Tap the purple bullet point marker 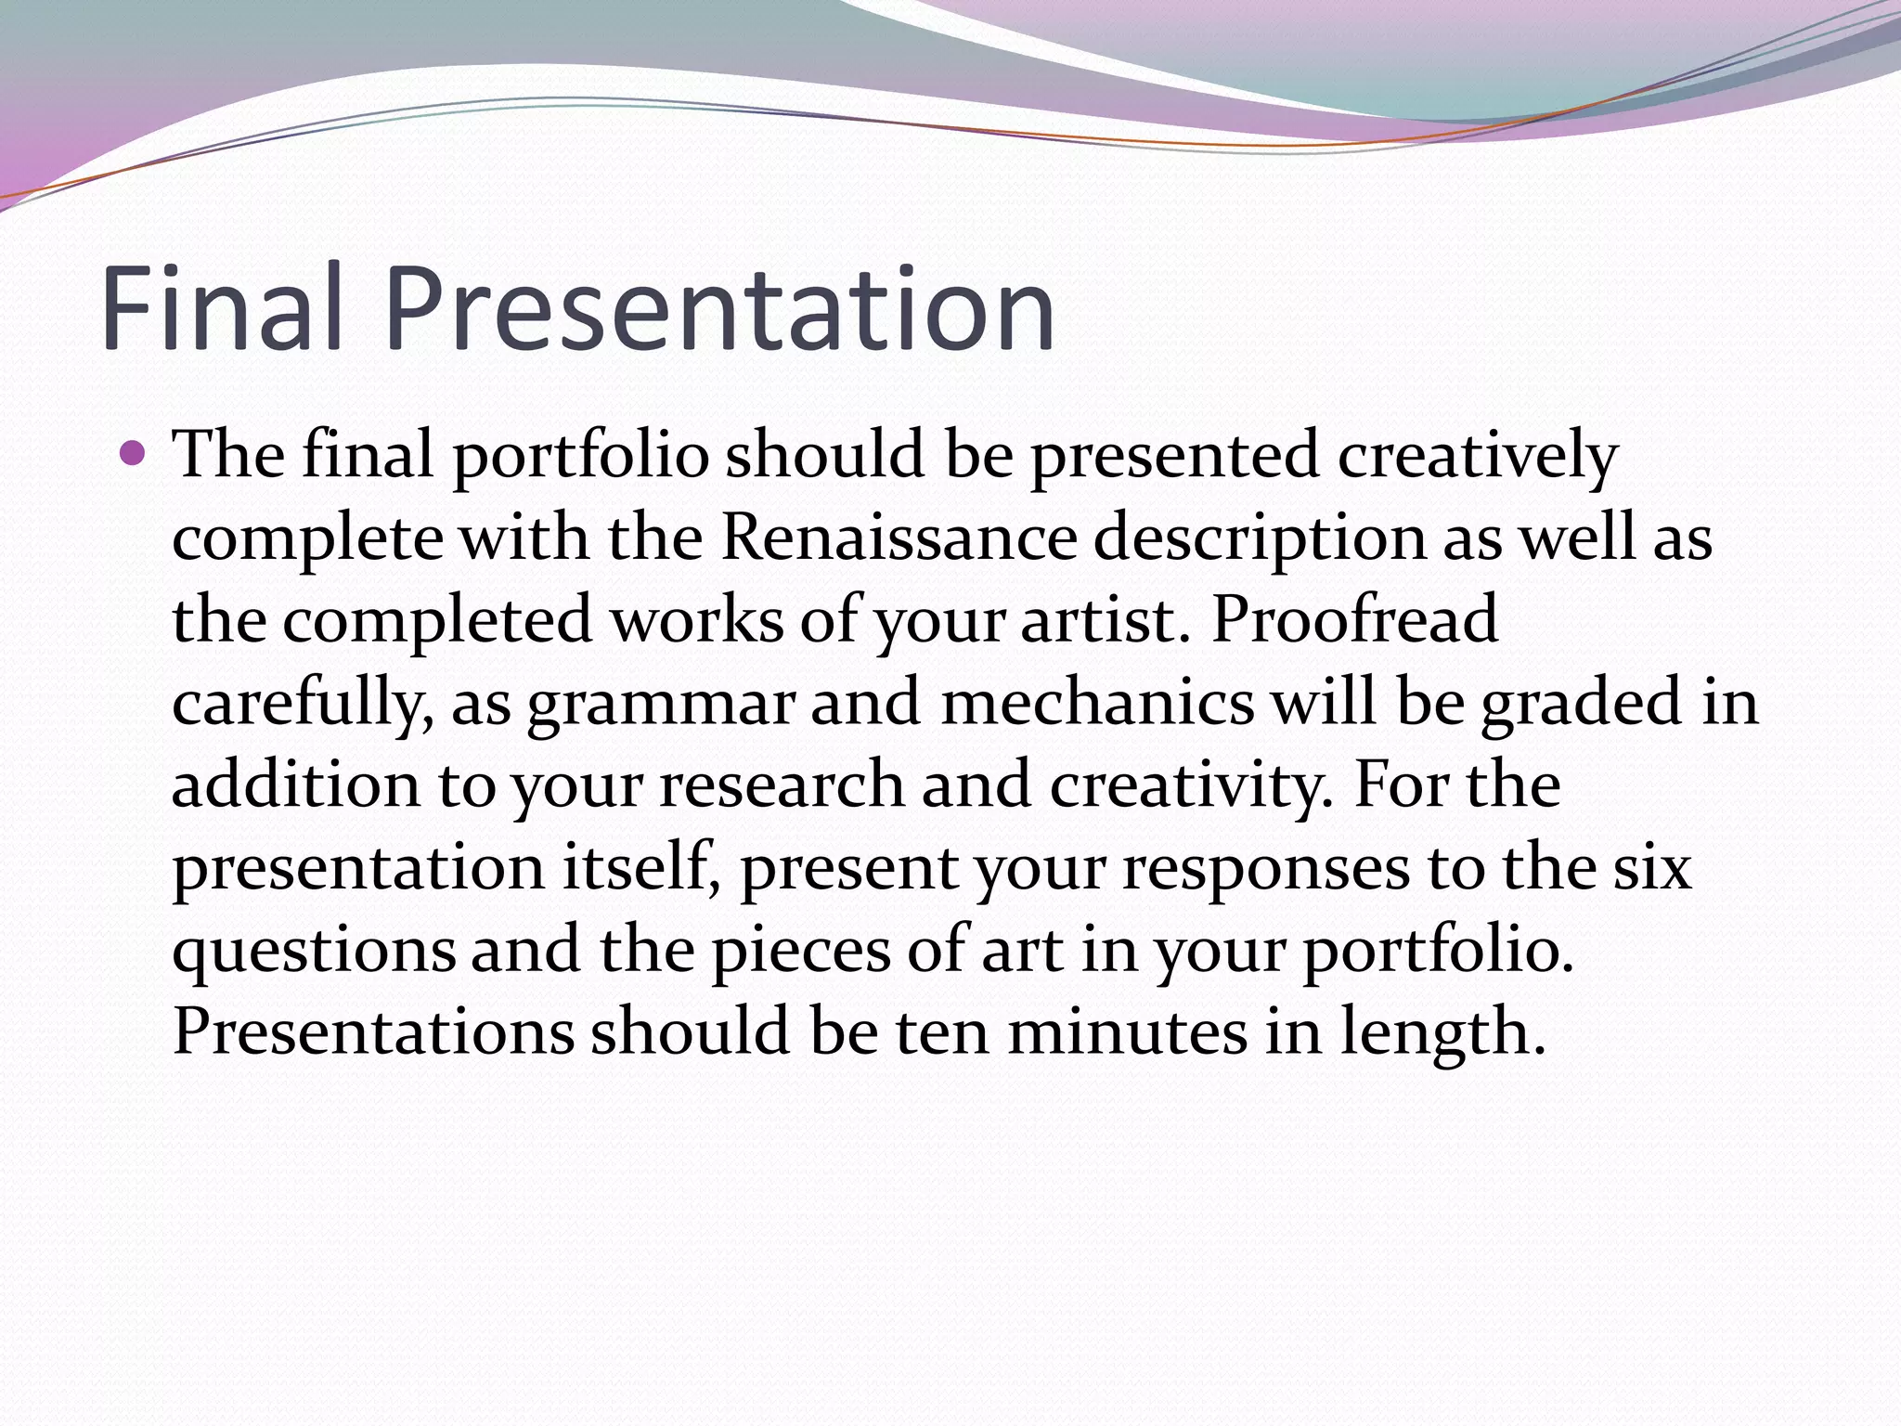pyautogui.click(x=134, y=454)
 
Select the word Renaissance pyautogui.click(x=899, y=538)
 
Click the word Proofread pyautogui.click(x=1354, y=620)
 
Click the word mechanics pyautogui.click(x=1097, y=702)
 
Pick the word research pyautogui.click(x=781, y=784)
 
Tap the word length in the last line pyautogui.click(x=1441, y=1033)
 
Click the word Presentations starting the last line pyautogui.click(x=373, y=1031)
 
